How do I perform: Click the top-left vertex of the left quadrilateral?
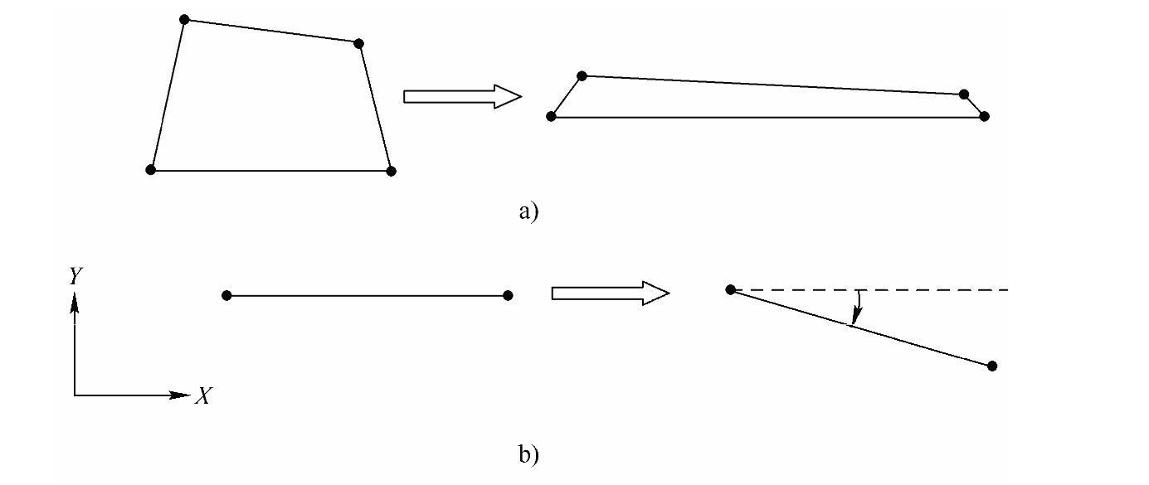184,19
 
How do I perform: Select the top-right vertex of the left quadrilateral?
358,43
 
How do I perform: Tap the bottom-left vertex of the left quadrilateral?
150,170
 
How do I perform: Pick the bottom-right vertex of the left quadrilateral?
392,171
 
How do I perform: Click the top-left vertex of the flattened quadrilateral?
582,75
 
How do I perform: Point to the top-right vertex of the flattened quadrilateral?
963,95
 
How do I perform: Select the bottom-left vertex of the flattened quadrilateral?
551,116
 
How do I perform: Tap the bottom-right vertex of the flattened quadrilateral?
984,116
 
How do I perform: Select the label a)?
528,211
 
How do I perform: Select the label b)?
528,454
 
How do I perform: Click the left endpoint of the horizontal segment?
227,295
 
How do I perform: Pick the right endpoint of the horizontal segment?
508,295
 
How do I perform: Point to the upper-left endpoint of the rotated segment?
730,289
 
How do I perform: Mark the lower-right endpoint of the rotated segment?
992,366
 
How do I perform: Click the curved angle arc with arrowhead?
859,307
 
